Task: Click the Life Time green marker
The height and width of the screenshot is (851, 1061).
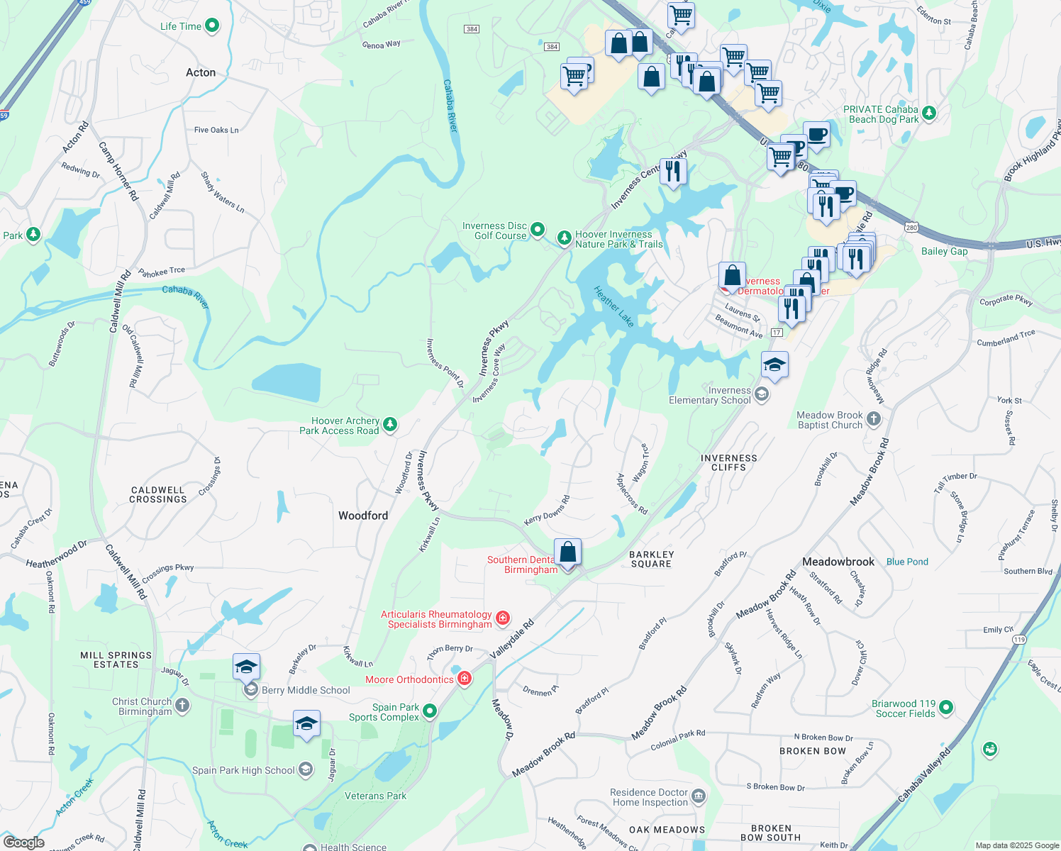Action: [x=212, y=26]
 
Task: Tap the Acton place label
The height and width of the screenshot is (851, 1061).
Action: [x=201, y=72]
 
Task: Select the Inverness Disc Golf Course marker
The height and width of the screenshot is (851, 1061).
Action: [x=538, y=229]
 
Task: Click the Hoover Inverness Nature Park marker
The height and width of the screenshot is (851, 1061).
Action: [x=564, y=238]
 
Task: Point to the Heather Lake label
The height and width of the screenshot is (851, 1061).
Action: [x=614, y=306]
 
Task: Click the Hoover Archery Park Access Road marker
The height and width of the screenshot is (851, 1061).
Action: [x=389, y=425]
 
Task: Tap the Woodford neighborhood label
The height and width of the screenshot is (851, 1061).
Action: [x=363, y=516]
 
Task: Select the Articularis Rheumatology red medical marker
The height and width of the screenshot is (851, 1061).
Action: [x=503, y=618]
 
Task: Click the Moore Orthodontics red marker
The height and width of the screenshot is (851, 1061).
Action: [x=465, y=679]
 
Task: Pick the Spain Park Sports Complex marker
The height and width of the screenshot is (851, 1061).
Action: [x=430, y=711]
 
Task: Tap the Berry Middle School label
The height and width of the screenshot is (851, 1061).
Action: [x=306, y=690]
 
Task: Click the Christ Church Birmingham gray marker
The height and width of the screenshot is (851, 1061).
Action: [x=182, y=705]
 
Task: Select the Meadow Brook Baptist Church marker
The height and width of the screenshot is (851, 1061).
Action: [x=874, y=419]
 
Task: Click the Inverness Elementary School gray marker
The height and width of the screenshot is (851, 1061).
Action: [x=762, y=394]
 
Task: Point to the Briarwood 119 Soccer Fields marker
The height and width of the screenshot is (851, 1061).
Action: [x=946, y=708]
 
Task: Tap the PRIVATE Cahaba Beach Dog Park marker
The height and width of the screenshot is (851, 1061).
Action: [x=929, y=113]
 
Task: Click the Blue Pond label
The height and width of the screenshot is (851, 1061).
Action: [x=907, y=562]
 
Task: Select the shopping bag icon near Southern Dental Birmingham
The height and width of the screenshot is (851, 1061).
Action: [x=567, y=552]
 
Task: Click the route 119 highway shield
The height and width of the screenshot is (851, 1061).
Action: [x=1019, y=640]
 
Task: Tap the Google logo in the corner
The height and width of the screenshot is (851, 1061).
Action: [x=24, y=842]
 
